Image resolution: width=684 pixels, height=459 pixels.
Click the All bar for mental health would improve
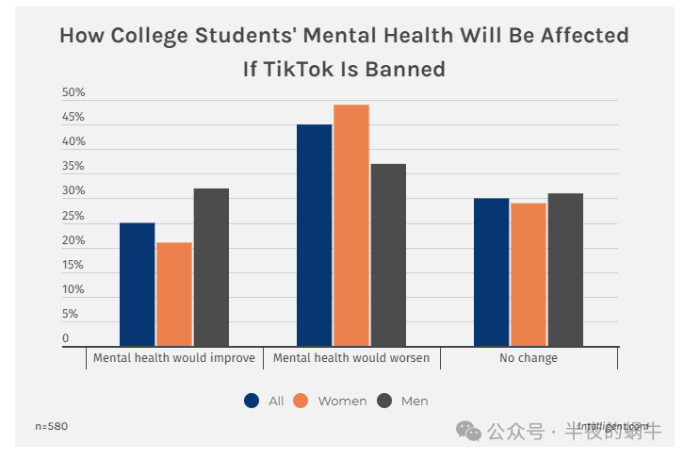pos(137,285)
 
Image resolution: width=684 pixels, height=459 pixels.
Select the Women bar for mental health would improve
pos(174,294)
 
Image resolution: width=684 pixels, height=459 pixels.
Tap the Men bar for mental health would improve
pos(211,268)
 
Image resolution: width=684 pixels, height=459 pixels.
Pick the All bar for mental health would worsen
pos(314,236)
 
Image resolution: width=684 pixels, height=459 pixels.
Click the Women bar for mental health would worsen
pos(350,225)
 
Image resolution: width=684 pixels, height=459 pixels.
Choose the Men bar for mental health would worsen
pos(388,255)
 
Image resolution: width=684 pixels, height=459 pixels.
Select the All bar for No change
pos(491,272)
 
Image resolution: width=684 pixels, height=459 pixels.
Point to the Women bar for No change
pos(529,274)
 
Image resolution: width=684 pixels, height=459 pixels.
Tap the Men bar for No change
pos(565,270)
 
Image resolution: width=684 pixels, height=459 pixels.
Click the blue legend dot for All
pos(252,401)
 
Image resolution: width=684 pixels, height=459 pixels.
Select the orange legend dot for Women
pos(301,401)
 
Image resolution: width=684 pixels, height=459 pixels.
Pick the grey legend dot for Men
pos(384,401)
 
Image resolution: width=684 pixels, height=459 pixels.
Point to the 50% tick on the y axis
pos(73,93)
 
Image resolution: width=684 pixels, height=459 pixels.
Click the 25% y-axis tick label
pos(73,217)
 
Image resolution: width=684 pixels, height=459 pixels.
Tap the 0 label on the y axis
pos(66,338)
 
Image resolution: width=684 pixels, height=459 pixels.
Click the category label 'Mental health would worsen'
pos(351,358)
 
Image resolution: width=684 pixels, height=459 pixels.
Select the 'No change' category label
pos(529,358)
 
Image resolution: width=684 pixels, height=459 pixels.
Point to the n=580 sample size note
pos(52,426)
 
